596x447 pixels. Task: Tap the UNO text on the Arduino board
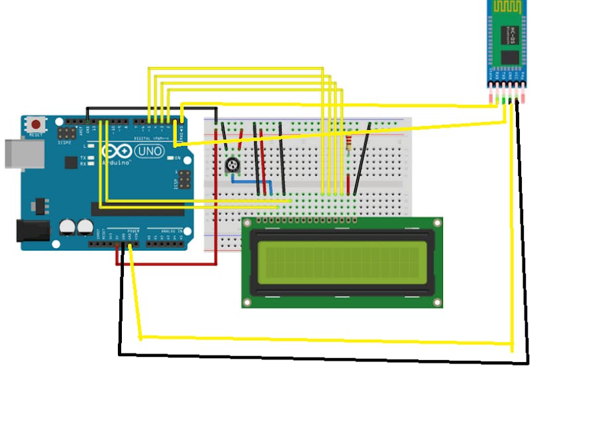149,152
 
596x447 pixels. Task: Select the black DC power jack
32,229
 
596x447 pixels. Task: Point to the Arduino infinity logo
117,151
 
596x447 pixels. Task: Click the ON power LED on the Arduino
170,159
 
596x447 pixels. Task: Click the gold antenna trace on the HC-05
508,9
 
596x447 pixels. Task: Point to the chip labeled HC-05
510,56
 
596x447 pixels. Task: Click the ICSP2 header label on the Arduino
65,142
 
